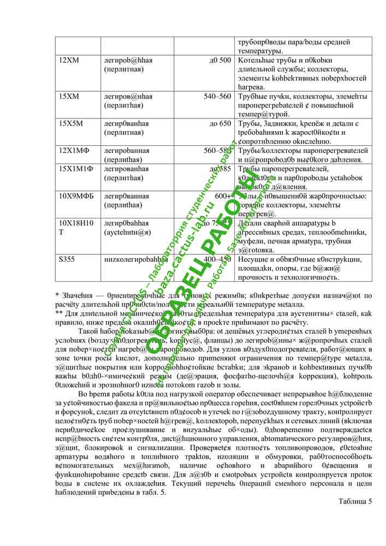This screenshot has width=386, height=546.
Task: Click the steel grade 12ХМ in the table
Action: click(69, 60)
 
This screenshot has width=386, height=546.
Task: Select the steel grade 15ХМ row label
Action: click(69, 96)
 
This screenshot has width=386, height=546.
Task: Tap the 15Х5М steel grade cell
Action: click(71, 123)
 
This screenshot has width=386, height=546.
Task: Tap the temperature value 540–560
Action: click(217, 96)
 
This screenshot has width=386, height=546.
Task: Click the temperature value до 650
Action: click(220, 123)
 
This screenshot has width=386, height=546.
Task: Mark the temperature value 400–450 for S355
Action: click(217, 259)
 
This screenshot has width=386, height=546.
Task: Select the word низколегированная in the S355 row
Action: click(135, 259)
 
